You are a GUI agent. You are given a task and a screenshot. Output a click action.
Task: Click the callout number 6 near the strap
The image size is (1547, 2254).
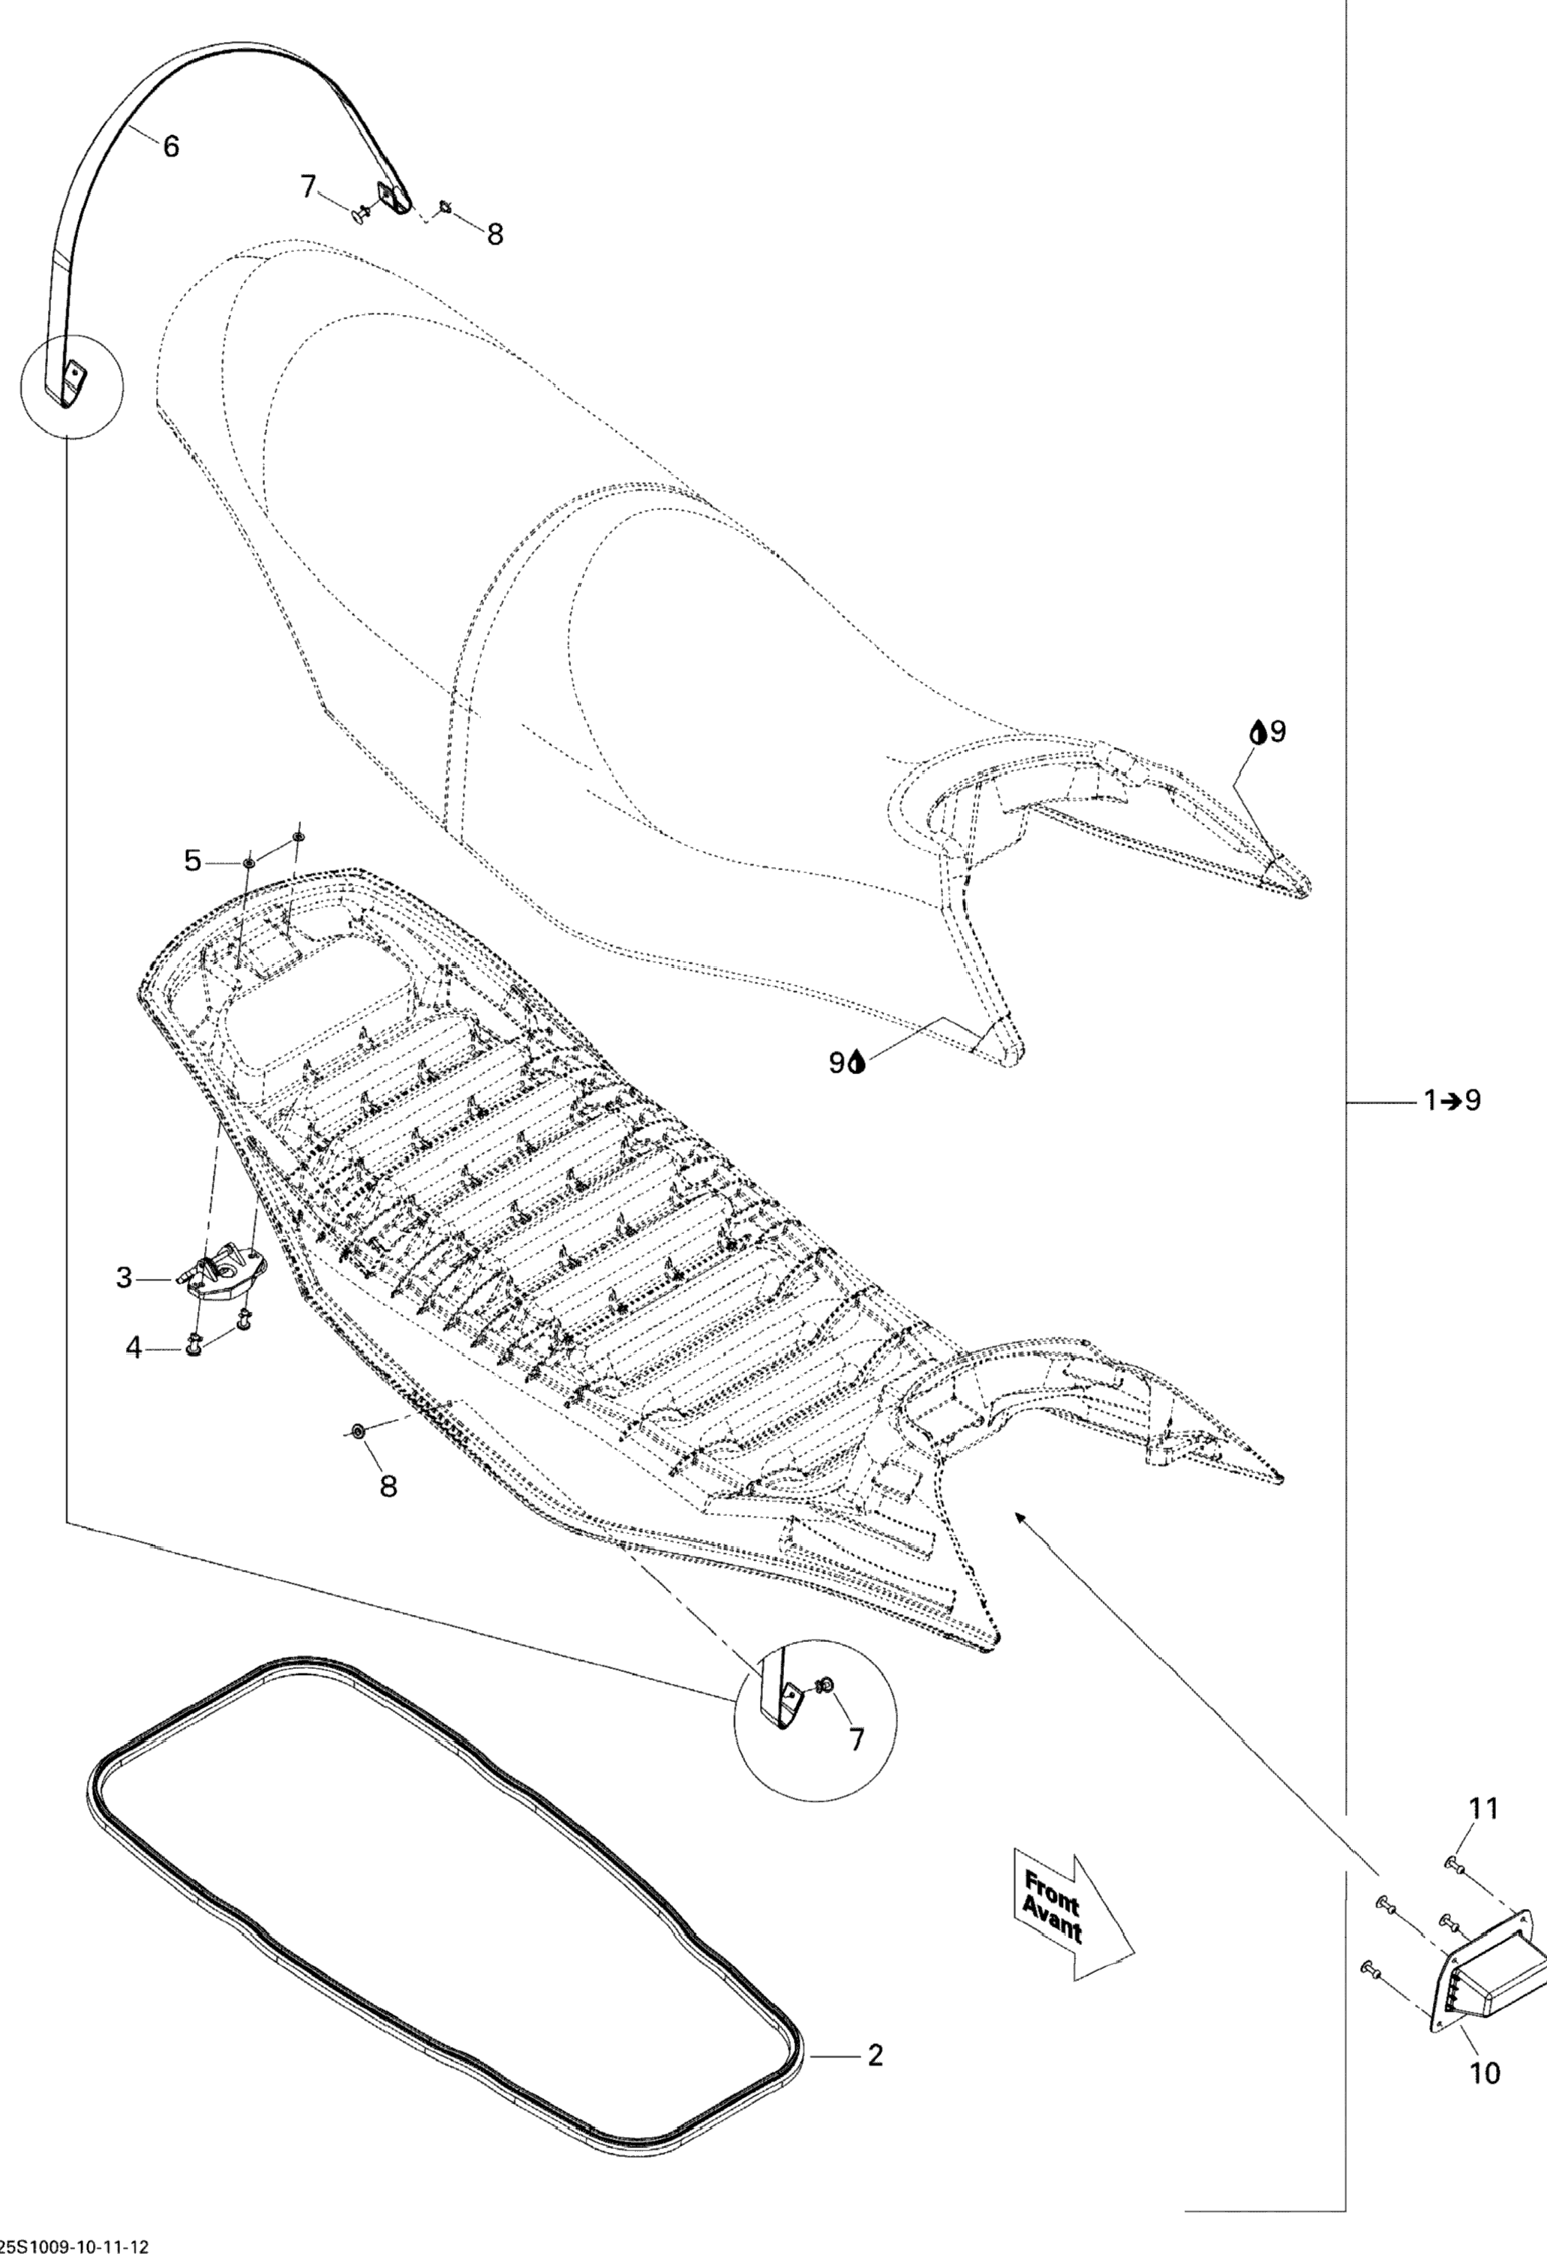tap(171, 146)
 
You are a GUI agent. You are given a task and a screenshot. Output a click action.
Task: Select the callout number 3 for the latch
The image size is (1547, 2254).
tap(124, 1277)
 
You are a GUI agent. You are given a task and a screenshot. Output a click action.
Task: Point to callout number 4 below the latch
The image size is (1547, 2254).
tap(134, 1347)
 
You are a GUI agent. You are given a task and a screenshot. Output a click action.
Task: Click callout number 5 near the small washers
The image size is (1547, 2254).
tap(193, 860)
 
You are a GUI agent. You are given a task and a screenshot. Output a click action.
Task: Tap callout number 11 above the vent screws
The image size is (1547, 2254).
tap(1484, 1808)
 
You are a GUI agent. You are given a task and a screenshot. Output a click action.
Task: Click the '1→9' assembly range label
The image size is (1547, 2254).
tap(1452, 1101)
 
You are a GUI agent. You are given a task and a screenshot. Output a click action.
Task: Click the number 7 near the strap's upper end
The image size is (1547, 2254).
tap(308, 185)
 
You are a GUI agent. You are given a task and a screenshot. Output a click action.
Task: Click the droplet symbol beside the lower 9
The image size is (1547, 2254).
tap(858, 1064)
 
